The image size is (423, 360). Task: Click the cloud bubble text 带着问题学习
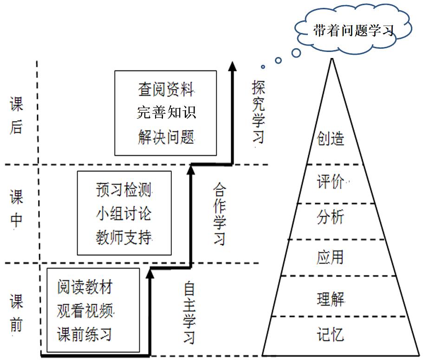point(353,31)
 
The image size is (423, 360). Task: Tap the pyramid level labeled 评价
point(331,181)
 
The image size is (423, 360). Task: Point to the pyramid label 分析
point(331,218)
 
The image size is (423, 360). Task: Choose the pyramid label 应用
point(331,257)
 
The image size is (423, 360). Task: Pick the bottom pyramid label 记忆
point(331,334)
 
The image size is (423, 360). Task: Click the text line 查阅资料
point(166,89)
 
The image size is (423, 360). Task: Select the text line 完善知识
point(166,113)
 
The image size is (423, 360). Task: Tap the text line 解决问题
point(166,137)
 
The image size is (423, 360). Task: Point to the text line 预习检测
point(124,190)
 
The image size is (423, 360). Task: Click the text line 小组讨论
point(124,214)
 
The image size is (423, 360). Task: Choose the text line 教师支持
point(124,238)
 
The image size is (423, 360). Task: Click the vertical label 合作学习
point(220,214)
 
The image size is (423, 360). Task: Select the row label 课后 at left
point(17,116)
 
